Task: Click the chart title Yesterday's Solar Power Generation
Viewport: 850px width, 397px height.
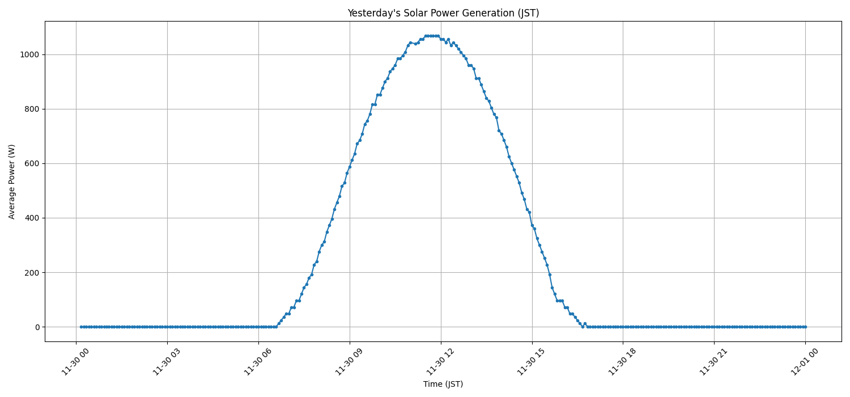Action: click(443, 13)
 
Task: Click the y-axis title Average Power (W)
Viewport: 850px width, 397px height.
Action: click(12, 181)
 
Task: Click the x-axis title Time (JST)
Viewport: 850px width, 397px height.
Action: click(443, 385)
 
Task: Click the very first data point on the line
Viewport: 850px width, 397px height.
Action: click(81, 327)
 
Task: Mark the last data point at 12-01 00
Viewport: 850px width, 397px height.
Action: click(805, 327)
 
